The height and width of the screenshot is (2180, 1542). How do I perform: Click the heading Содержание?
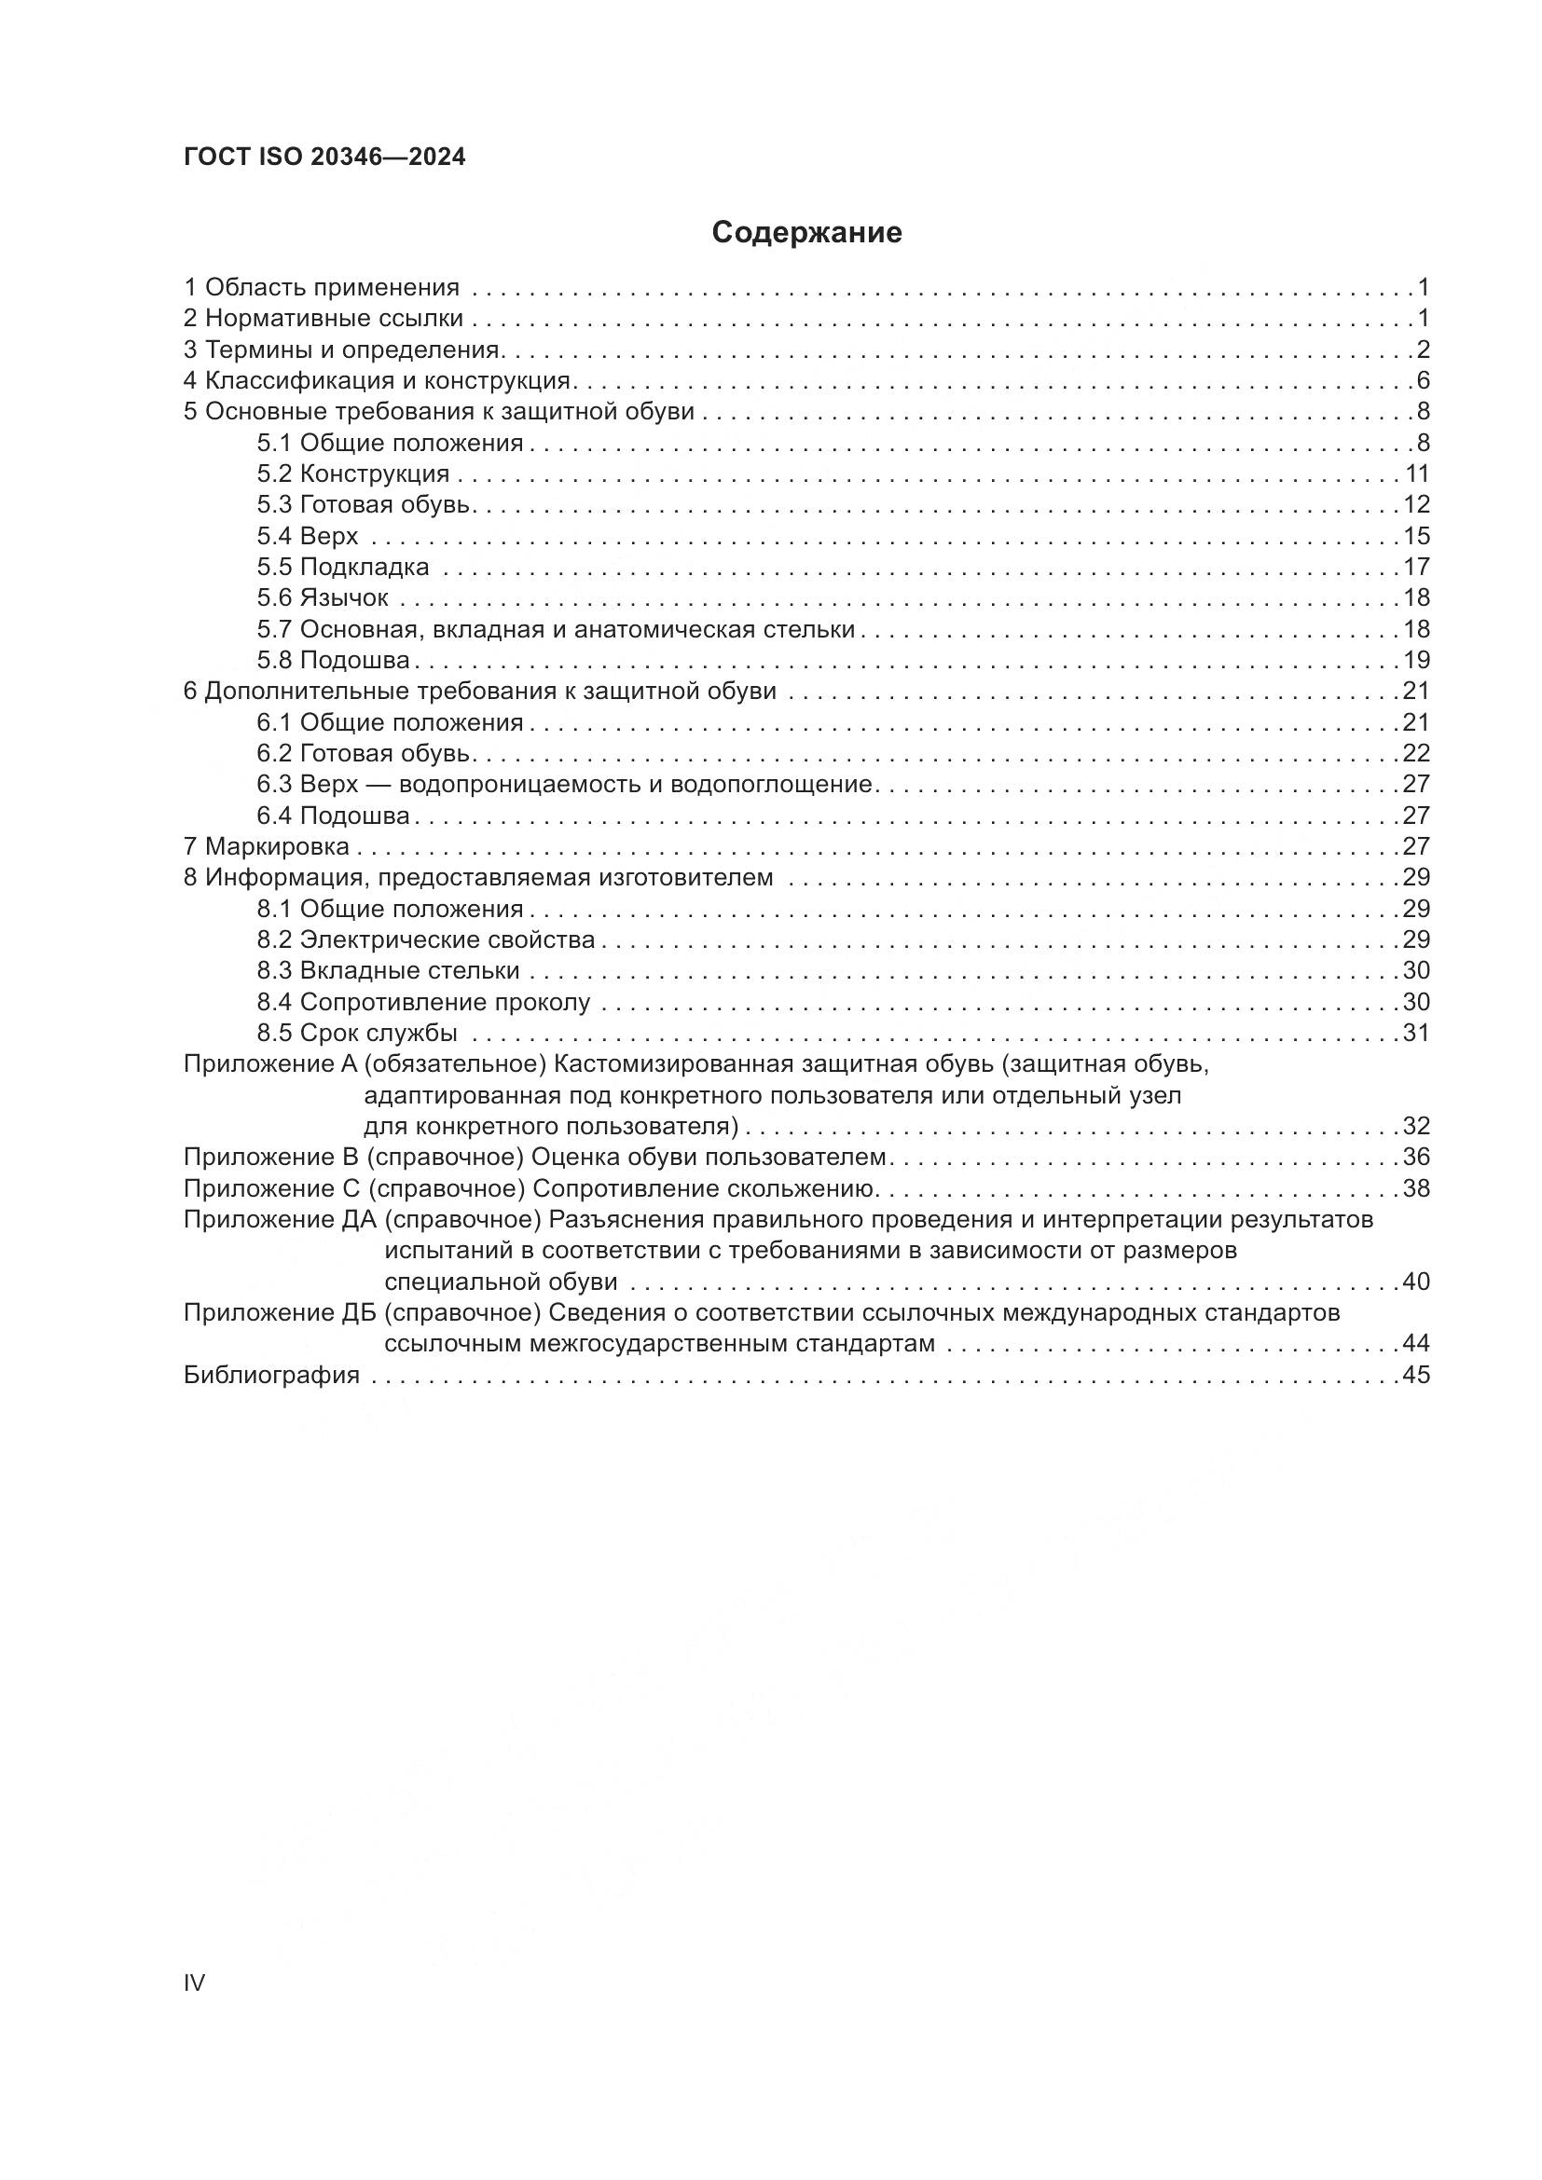pos(806,232)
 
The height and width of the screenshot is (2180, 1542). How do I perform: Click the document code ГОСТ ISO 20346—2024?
pos(324,158)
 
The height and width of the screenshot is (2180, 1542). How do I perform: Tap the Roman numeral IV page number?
pos(194,1982)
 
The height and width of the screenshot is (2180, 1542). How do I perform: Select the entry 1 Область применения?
pos(321,287)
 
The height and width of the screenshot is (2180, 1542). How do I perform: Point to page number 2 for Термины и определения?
pos(1423,350)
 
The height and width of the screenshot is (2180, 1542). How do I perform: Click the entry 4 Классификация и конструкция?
pos(377,381)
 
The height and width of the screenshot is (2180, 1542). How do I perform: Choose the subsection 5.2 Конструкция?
pos(352,473)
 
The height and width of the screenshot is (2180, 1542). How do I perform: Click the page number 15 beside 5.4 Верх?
pos(1416,536)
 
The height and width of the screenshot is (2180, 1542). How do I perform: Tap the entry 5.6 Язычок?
pos(322,598)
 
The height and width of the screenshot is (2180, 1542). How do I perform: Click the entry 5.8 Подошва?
pos(332,660)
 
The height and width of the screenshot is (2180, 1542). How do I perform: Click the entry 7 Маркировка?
pos(266,846)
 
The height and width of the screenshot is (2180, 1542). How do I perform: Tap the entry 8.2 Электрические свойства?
pos(425,940)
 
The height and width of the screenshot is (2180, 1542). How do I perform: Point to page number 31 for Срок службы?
pos(1416,1033)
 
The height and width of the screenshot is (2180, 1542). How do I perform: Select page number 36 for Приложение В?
pos(1416,1158)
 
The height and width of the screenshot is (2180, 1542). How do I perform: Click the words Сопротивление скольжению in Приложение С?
pos(704,1188)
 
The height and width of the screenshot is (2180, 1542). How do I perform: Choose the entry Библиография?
pos(271,1375)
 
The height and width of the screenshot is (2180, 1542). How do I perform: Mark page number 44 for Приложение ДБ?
pos(1416,1344)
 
